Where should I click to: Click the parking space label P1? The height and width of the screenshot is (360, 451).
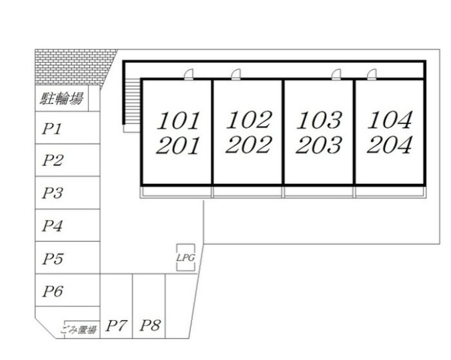pos(52,129)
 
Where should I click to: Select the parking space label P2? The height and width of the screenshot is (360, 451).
pos(52,160)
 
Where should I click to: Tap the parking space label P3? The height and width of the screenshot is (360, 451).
pos(52,193)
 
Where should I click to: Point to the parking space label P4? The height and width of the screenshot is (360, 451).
pos(52,225)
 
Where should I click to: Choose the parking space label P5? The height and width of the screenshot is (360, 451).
pos(52,259)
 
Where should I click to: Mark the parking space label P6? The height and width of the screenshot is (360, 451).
pos(52,291)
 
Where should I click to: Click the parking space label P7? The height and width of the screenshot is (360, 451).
pos(116,325)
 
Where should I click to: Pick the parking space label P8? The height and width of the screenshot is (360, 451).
pos(150,325)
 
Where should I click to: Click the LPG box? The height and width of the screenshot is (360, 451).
pos(185,257)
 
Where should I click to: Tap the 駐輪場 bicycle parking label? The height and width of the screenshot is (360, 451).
pos(61,98)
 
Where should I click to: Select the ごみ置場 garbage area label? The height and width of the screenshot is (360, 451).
pos(78,329)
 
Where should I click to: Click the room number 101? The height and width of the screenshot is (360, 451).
pos(178,121)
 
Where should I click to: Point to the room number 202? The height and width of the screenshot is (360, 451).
pos(249,145)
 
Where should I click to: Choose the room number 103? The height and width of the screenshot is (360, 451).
pos(320,120)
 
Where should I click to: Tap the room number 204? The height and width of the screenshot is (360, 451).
pos(390,145)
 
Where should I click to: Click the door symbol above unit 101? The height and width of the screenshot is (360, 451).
pos(189,74)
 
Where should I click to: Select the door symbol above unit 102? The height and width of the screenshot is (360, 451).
pos(236,74)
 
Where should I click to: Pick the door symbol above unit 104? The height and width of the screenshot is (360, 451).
pos(372,74)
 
